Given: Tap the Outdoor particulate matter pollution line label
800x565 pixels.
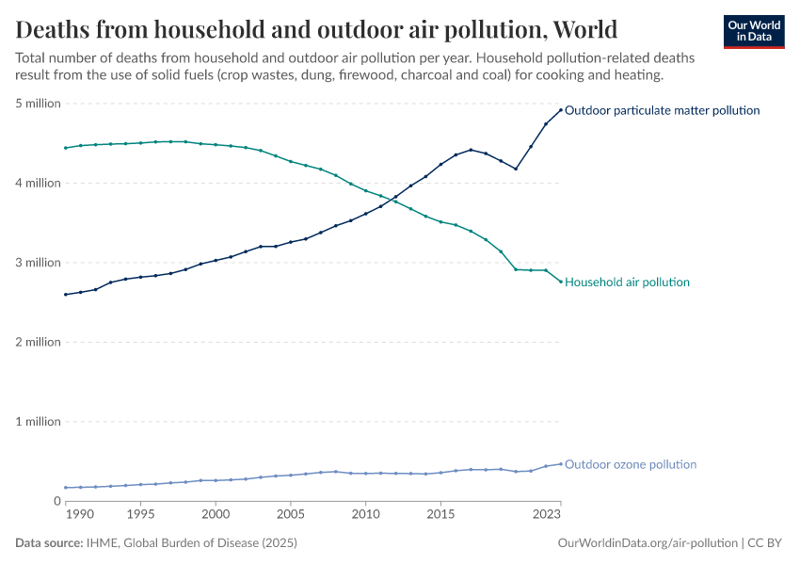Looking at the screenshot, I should pyautogui.click(x=662, y=110).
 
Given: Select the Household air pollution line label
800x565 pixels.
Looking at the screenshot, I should pyautogui.click(x=627, y=282).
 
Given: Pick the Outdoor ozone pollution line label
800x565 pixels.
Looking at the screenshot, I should pyautogui.click(x=631, y=464).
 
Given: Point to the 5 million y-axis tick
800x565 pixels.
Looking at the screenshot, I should pyautogui.click(x=38, y=104).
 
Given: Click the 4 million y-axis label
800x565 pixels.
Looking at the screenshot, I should pyautogui.click(x=38, y=184).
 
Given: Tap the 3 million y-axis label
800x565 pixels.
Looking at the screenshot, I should pyautogui.click(x=38, y=263).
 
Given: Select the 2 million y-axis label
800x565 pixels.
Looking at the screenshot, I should pyautogui.click(x=38, y=342).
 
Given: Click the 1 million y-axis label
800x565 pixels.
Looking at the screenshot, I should pyautogui.click(x=38, y=422).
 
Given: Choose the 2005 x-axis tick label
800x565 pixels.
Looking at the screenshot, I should pyautogui.click(x=290, y=516).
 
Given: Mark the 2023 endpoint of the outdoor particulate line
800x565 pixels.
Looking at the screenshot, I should pyautogui.click(x=561, y=110).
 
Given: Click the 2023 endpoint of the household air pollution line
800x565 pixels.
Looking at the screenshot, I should pyautogui.click(x=561, y=282).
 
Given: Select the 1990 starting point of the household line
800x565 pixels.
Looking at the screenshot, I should pyautogui.click(x=65, y=148).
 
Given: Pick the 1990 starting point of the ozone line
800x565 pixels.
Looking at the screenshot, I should pyautogui.click(x=65, y=488).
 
